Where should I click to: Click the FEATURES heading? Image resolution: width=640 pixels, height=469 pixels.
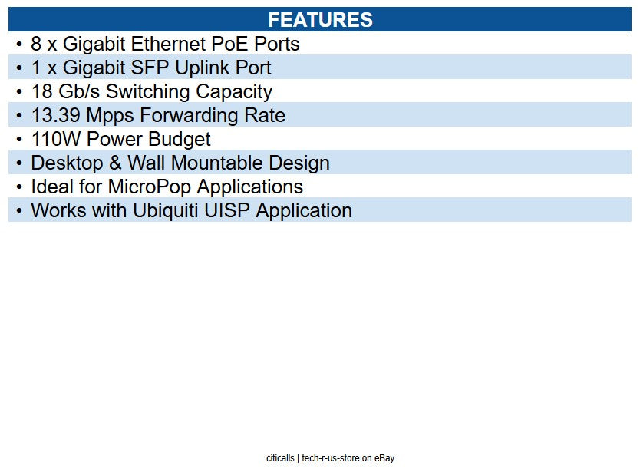click(x=320, y=20)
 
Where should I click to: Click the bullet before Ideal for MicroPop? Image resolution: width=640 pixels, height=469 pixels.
click(x=18, y=187)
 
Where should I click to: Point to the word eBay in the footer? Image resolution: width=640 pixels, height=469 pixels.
click(x=384, y=458)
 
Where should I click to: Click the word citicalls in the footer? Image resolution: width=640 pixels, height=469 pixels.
click(x=280, y=458)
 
